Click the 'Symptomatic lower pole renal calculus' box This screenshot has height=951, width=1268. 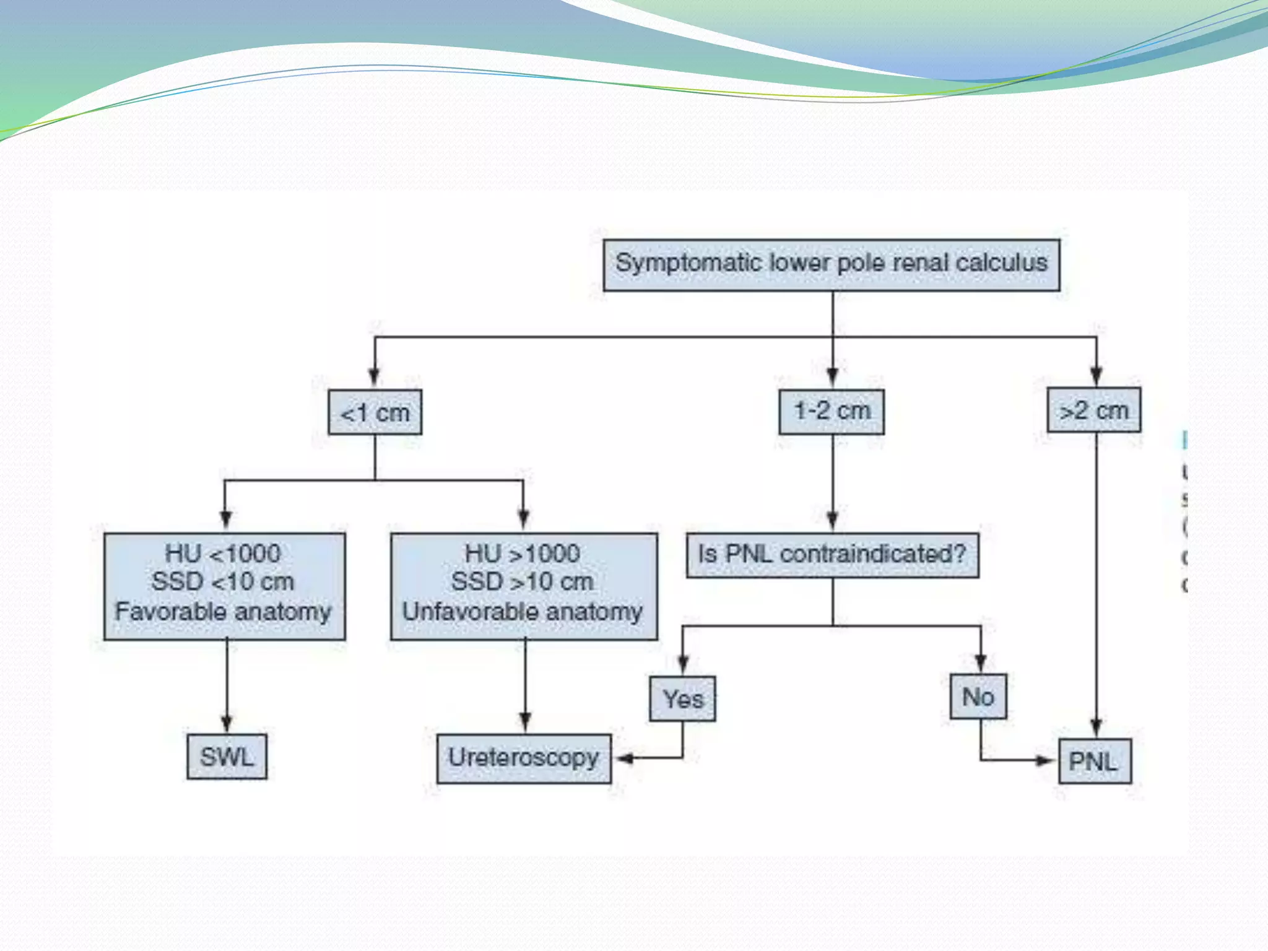pyautogui.click(x=831, y=265)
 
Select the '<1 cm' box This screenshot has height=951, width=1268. pyautogui.click(x=375, y=412)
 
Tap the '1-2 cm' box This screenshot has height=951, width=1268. pyautogui.click(x=831, y=411)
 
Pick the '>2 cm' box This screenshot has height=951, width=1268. pyautogui.click(x=1093, y=410)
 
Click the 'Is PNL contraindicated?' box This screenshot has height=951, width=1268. pyautogui.click(x=832, y=555)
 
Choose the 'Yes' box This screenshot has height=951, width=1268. pyautogui.click(x=682, y=698)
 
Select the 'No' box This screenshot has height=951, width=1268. pyautogui.click(x=978, y=697)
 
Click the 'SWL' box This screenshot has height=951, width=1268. pyautogui.click(x=227, y=757)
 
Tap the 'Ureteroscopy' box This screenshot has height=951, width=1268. pyautogui.click(x=523, y=758)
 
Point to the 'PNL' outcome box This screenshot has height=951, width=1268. pyautogui.click(x=1094, y=761)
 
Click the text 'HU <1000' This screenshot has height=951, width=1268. pyautogui.click(x=223, y=554)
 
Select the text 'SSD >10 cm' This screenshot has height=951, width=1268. pyautogui.click(x=522, y=582)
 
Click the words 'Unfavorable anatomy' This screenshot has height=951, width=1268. pyautogui.click(x=522, y=612)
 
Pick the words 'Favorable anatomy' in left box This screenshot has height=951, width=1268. pyautogui.click(x=223, y=612)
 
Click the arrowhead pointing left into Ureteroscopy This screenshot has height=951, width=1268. pyautogui.click(x=624, y=758)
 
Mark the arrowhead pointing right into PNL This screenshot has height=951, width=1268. pyautogui.click(x=1046, y=760)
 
